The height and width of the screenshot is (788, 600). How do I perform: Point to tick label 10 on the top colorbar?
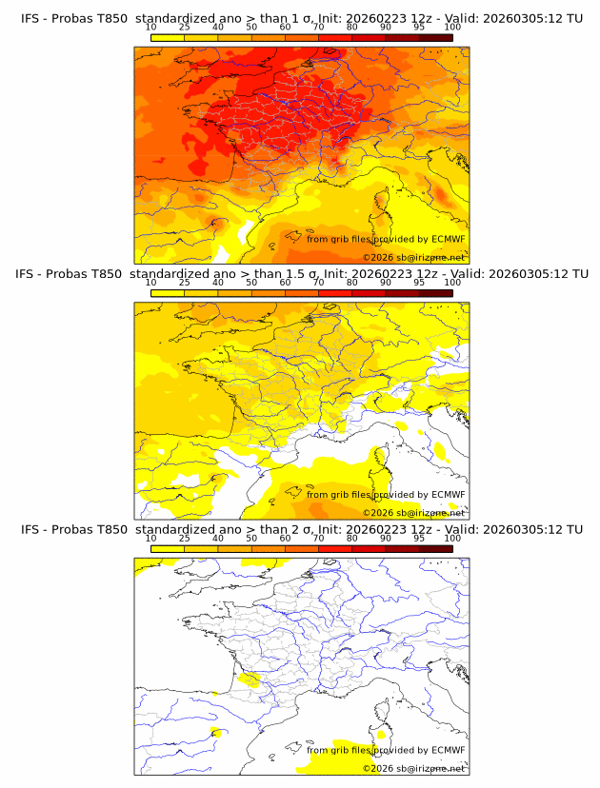pos(151,28)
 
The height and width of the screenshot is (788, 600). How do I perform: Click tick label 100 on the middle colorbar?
pos(452,283)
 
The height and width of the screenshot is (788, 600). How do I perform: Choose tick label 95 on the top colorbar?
pos(419,28)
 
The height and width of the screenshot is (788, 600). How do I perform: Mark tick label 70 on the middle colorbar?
pos(318,283)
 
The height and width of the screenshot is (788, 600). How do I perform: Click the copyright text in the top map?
pos(413,257)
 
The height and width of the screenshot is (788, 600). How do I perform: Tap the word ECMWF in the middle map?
pos(448,494)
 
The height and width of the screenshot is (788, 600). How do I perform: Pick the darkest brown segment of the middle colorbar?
pos(435,293)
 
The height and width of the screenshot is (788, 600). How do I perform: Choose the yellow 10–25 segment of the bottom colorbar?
pos(168,549)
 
